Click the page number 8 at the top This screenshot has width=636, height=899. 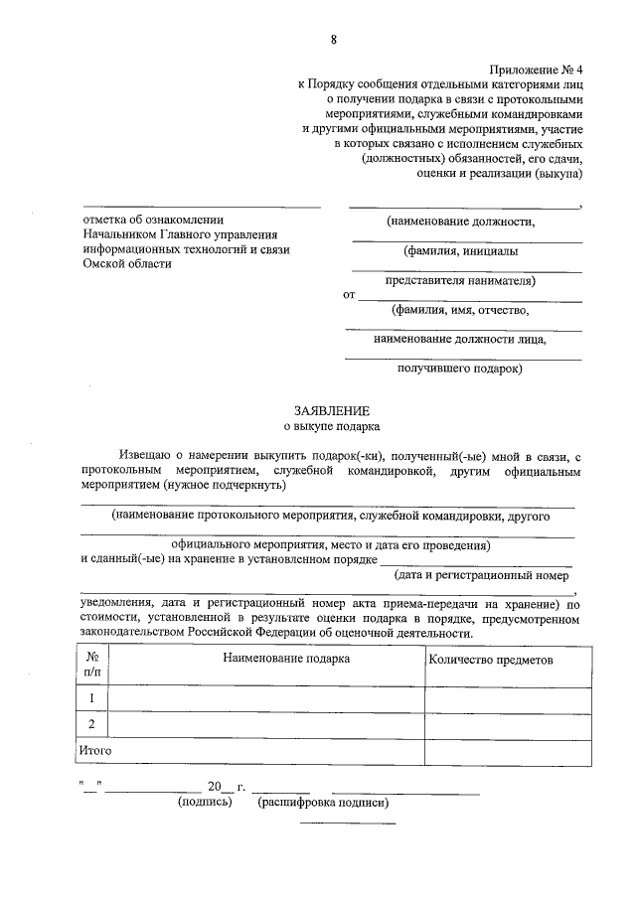[333, 39]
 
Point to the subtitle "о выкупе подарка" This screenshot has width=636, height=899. [332, 428]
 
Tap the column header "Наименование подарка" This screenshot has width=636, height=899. [286, 659]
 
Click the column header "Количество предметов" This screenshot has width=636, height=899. [489, 660]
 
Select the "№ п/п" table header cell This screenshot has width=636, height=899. [91, 665]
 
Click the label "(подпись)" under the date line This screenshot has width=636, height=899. [204, 802]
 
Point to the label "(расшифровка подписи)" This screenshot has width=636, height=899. [322, 802]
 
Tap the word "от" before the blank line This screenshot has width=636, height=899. [349, 295]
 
